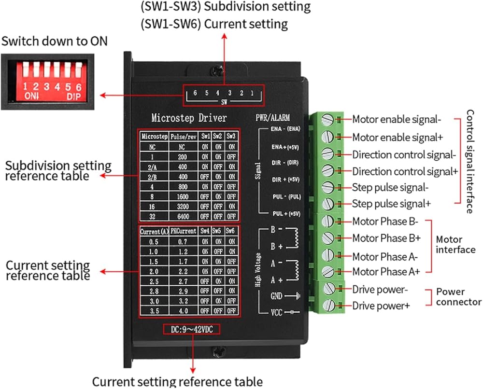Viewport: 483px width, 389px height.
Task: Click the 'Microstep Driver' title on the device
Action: (189, 118)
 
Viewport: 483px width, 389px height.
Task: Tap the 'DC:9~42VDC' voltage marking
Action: (192, 329)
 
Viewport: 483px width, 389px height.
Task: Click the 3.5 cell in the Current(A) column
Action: (153, 311)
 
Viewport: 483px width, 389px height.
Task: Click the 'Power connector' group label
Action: (458, 297)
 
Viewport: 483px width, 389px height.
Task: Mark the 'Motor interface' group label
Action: (455, 244)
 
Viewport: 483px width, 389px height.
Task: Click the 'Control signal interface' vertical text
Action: (471, 161)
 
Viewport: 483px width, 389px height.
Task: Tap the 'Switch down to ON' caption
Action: (54, 42)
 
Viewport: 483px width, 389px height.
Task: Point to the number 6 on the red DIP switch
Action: (78, 87)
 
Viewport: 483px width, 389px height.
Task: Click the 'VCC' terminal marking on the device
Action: (276, 312)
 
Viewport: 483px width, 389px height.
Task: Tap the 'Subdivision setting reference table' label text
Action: (58, 171)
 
